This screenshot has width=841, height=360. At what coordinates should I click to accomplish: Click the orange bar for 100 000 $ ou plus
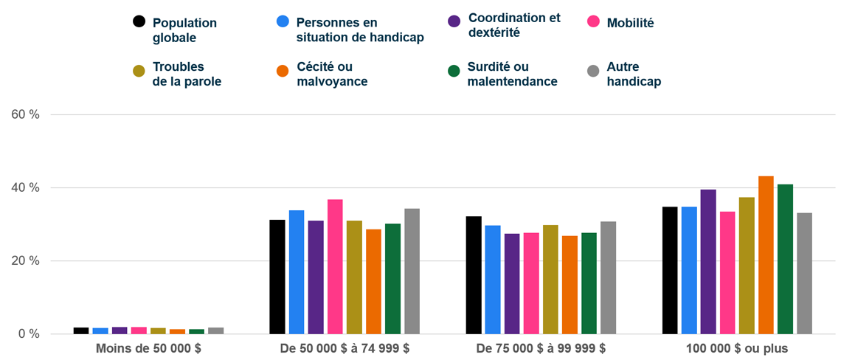click(766, 255)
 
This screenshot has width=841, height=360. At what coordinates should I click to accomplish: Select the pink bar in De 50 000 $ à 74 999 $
click(335, 267)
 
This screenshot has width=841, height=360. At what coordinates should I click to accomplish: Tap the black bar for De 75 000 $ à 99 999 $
click(474, 275)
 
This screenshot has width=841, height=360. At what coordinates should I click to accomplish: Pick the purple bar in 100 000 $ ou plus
click(708, 262)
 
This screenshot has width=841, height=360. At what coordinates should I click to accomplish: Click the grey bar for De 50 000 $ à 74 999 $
click(412, 271)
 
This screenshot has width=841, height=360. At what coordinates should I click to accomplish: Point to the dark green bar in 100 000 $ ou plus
click(785, 259)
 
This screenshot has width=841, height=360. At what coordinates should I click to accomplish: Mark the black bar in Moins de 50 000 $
click(81, 330)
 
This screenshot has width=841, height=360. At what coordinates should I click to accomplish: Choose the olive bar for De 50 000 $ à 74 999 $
click(354, 277)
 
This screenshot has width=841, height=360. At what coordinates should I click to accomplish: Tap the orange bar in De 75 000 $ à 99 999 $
click(570, 285)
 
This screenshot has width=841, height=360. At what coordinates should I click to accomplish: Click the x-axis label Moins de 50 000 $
click(148, 348)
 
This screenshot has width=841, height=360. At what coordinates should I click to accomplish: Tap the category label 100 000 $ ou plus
click(737, 348)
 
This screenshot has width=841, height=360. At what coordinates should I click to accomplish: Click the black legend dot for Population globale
click(139, 21)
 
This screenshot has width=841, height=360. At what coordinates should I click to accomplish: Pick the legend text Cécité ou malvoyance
click(332, 74)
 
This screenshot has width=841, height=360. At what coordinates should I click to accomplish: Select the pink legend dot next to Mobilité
click(592, 21)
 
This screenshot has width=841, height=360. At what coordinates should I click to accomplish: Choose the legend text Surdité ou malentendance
click(512, 74)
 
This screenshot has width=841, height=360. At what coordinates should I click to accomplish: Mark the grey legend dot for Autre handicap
click(592, 71)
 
